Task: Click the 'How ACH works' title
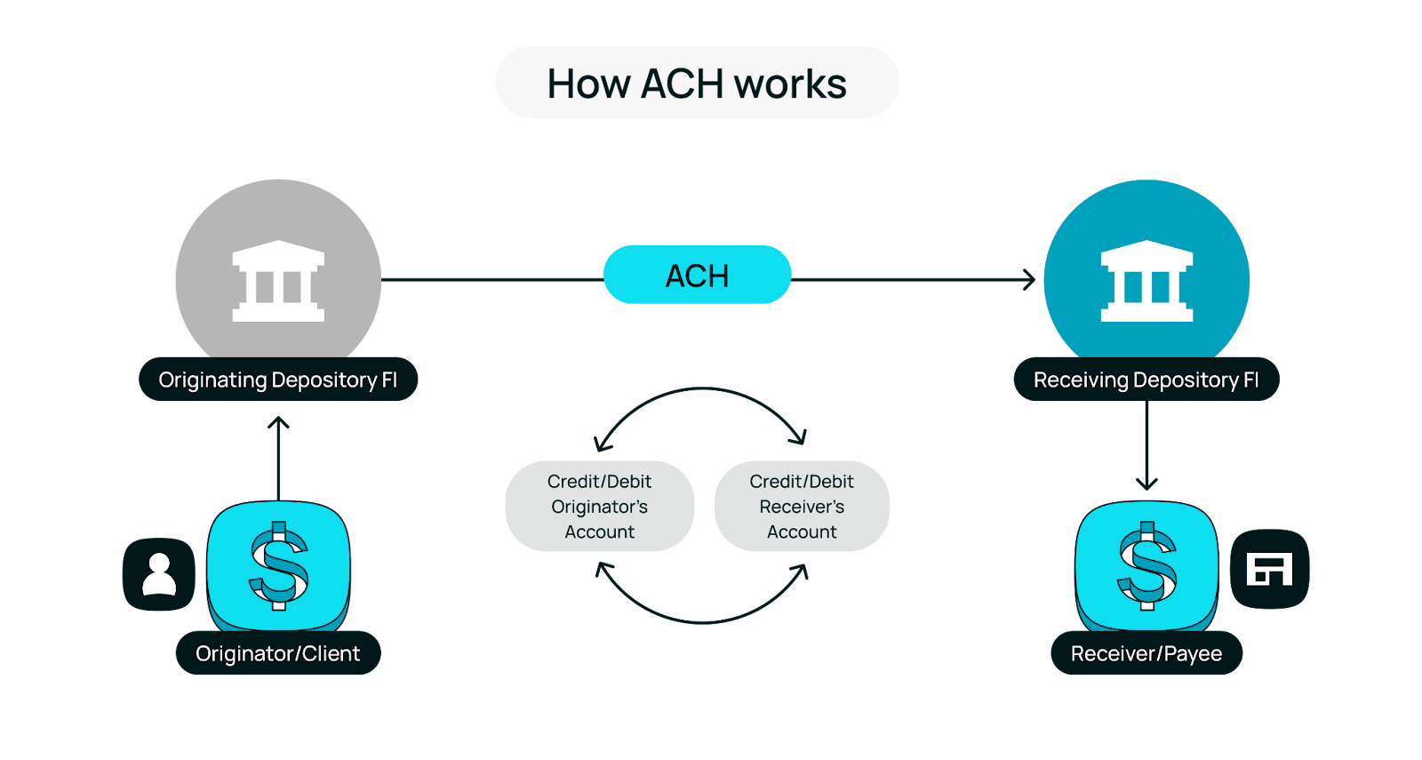click(697, 83)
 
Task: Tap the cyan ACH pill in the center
click(697, 276)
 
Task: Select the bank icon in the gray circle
click(278, 281)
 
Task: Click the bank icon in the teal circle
click(1146, 281)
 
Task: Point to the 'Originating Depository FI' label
click(277, 380)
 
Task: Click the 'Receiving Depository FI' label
click(1146, 380)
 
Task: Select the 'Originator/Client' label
click(277, 653)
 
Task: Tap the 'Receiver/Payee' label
click(1146, 653)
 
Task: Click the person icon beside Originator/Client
click(159, 574)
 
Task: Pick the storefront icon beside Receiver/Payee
click(1269, 569)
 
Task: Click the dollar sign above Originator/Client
click(278, 565)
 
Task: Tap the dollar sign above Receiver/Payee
click(1146, 565)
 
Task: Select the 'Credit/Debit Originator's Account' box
click(599, 507)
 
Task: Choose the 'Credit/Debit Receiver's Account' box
click(802, 507)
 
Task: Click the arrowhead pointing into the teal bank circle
click(1031, 280)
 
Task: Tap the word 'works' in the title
click(790, 84)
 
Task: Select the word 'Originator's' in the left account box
click(599, 507)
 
